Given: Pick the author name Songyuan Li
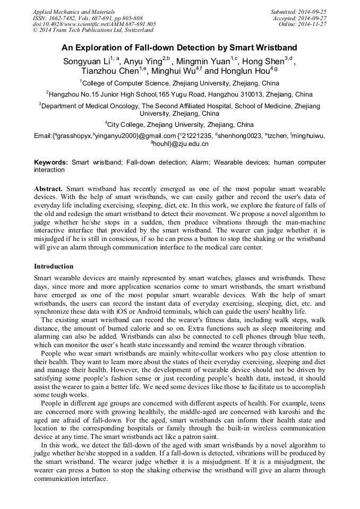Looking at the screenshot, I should coord(86,61).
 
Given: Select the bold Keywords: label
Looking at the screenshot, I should coord(51,162).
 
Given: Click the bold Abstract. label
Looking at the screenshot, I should coord(48,189).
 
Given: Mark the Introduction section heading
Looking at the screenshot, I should coord(54,266).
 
